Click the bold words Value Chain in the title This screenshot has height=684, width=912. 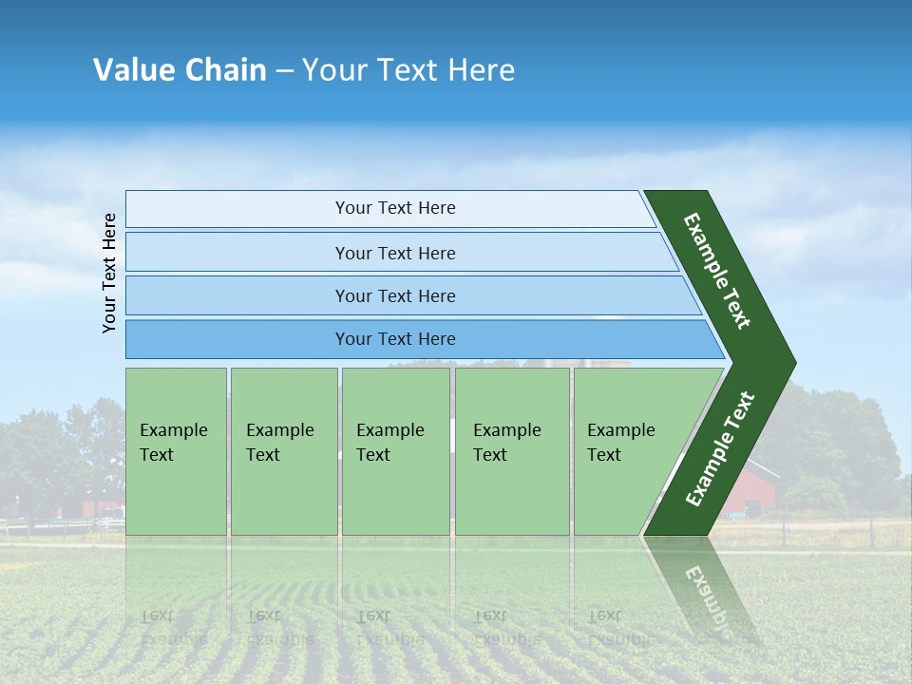pyautogui.click(x=180, y=70)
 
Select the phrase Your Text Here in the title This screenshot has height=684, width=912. pyautogui.click(x=408, y=70)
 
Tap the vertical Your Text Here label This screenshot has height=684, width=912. pyautogui.click(x=109, y=273)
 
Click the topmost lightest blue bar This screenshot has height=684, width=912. pyautogui.click(x=389, y=208)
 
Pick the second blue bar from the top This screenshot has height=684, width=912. pyautogui.click(x=395, y=253)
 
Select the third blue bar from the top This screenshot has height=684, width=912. pyautogui.click(x=399, y=295)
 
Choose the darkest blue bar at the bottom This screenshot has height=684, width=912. pyautogui.click(x=408, y=339)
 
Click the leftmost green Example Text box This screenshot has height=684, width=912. pyautogui.click(x=176, y=450)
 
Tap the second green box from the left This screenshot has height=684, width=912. pyautogui.click(x=283, y=450)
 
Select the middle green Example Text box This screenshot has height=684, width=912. pyautogui.click(x=395, y=450)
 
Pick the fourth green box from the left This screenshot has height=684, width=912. pyautogui.click(x=512, y=450)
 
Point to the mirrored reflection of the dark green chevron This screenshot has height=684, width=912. pyautogui.click(x=703, y=589)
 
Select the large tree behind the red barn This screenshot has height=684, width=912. pyautogui.click(x=826, y=437)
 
